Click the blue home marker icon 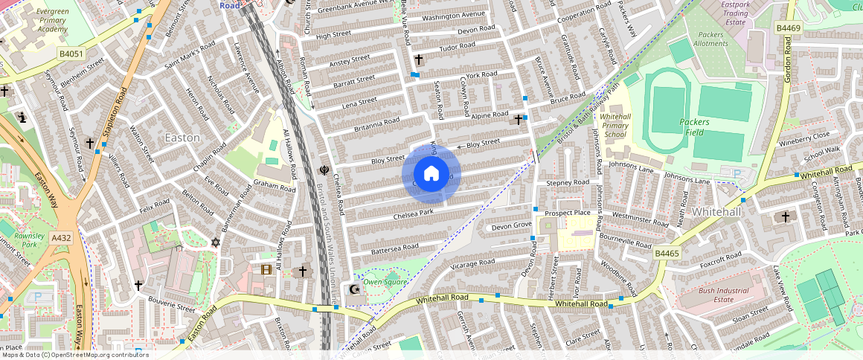click(431, 174)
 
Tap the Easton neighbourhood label click(182, 138)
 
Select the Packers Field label click(694, 127)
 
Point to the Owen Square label click(385, 282)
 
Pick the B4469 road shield click(789, 28)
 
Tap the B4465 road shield click(667, 254)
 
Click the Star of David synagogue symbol click(216, 242)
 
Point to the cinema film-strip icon click(266, 269)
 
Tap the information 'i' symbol click(22, 118)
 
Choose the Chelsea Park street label click(414, 213)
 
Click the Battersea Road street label click(394, 247)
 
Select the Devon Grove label click(511, 225)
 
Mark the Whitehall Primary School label click(615, 126)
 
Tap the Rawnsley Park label click(30, 240)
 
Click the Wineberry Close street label click(803, 138)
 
